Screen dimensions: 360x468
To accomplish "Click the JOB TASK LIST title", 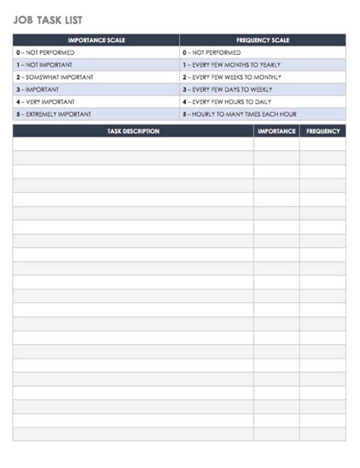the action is pyautogui.click(x=48, y=21).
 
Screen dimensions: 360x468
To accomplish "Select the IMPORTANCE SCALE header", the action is pyautogui.click(x=96, y=40).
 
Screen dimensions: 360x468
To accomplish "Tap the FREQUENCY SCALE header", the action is pyautogui.click(x=262, y=40).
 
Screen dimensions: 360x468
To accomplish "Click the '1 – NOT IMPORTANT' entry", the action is pyautogui.click(x=46, y=65).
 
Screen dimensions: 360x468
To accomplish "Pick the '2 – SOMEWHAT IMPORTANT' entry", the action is pyautogui.click(x=53, y=77).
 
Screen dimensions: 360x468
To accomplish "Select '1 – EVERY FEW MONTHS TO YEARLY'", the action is pyautogui.click(x=231, y=65).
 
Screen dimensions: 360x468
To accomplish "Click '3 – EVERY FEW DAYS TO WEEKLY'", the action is pyautogui.click(x=228, y=90).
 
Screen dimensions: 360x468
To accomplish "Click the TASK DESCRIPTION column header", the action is pyautogui.click(x=133, y=131).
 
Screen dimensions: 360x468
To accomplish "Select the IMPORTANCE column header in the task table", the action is pyautogui.click(x=276, y=131).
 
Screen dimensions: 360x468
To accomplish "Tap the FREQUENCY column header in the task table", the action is pyautogui.click(x=323, y=131).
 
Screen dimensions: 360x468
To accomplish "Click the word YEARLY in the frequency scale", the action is pyautogui.click(x=270, y=65).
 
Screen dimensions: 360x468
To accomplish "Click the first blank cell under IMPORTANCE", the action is pyautogui.click(x=276, y=144).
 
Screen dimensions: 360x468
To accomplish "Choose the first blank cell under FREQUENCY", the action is pyautogui.click(x=323, y=144).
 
